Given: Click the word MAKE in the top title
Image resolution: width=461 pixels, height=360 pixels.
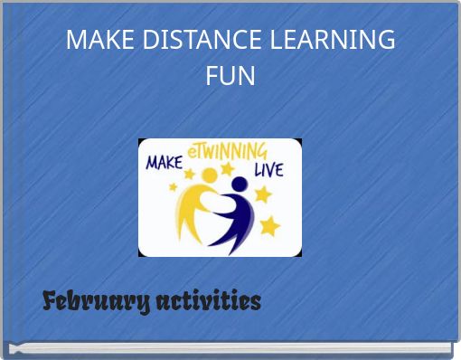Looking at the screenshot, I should click(x=95, y=41).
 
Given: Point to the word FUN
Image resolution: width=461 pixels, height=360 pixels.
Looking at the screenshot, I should click(x=230, y=76).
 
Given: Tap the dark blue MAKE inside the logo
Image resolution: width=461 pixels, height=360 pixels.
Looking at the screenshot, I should click(x=165, y=163).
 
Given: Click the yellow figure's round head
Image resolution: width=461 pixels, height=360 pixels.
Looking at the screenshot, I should click(x=210, y=175).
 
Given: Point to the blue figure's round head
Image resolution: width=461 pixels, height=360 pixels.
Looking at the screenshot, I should click(x=239, y=185).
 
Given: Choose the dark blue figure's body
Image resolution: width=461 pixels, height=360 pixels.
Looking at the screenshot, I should click(x=237, y=217).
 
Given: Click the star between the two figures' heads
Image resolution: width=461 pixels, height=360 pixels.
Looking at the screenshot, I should click(x=227, y=169).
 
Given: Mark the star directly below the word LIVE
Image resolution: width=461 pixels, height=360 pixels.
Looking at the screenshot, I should click(x=263, y=194).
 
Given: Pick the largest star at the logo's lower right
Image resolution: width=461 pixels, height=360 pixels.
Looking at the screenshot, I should click(x=268, y=224).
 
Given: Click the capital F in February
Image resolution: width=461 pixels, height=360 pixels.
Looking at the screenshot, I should click(x=51, y=301).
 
